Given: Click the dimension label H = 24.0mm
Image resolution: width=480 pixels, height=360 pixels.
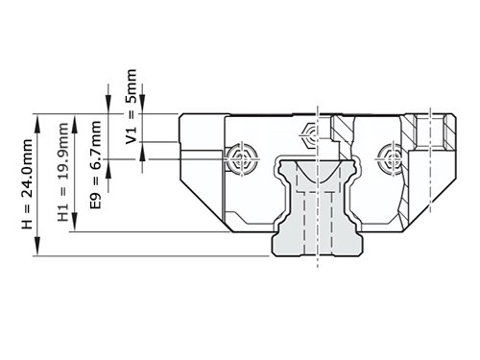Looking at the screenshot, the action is pos(27,184).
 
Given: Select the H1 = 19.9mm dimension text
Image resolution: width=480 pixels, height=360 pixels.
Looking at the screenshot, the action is pos(63,172).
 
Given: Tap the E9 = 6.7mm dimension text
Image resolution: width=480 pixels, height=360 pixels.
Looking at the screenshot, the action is pos(96,164).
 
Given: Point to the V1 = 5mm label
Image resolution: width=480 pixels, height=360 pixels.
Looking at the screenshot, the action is pos(131,107).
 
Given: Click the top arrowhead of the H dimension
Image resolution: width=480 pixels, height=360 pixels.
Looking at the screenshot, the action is pos(37,123).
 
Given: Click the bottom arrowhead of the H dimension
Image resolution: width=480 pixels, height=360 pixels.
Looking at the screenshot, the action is pos(37,247).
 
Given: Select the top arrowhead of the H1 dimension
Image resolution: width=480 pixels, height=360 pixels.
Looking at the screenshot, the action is pos(74,123).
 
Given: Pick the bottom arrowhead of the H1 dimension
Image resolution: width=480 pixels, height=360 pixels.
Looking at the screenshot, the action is pos(74,222).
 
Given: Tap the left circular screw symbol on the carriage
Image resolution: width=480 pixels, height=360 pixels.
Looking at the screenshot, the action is pos(242,158).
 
